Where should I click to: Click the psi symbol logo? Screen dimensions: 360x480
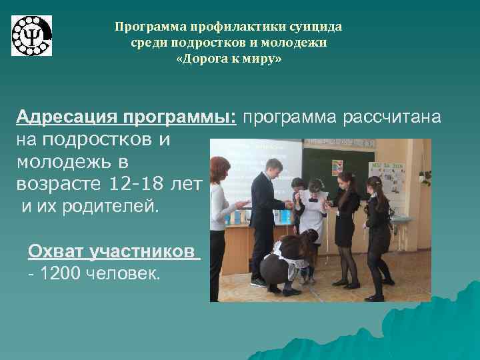pos(31,35)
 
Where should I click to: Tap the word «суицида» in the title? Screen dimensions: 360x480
pos(317,27)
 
